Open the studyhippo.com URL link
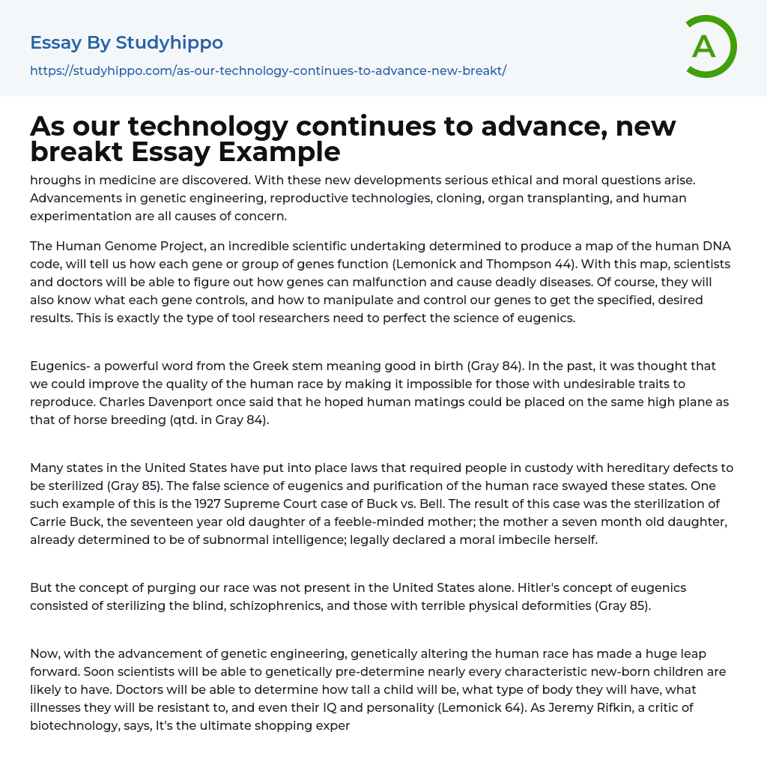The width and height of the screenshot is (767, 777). pyautogui.click(x=268, y=70)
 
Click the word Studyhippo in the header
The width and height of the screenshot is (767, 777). pyautogui.click(x=169, y=43)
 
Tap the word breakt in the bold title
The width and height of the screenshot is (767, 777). pyautogui.click(x=76, y=152)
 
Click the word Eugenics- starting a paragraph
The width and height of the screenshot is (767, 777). pyautogui.click(x=60, y=366)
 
